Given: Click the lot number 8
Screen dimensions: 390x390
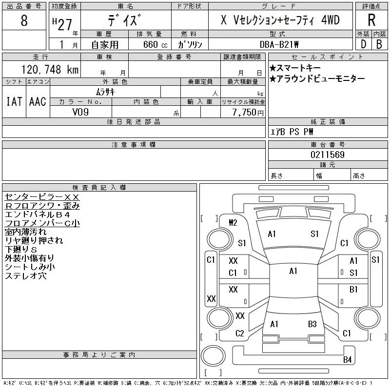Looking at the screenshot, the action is pos(24,21).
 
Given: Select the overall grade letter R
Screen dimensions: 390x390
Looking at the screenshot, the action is pos(371,20).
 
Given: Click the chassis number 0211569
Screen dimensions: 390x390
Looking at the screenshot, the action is pos(327,155).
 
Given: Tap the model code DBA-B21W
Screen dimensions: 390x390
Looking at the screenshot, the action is pos(280,44).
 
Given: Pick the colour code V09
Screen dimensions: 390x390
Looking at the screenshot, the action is pos(80,112).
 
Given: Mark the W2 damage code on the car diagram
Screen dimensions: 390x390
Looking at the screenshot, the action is pos(233,222).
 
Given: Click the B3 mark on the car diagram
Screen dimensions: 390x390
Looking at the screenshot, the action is pos(312,324).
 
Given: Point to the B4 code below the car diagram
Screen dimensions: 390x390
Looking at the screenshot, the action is pos(347,360).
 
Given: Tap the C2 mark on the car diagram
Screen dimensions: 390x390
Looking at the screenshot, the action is pos(239,333).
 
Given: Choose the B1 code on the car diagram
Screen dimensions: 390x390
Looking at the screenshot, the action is pos(354,290).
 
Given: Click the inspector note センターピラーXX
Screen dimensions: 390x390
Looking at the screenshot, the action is pos(42,196).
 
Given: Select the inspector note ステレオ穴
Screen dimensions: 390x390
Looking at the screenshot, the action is pos(26,276).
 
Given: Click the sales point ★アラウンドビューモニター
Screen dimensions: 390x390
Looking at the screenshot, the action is pos(317,79).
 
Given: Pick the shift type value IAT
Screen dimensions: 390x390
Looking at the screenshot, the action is pos(14,101).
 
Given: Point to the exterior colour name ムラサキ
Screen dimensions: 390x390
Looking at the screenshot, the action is pos(105,92).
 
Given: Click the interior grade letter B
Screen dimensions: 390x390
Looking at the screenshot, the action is pos(379,44).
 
